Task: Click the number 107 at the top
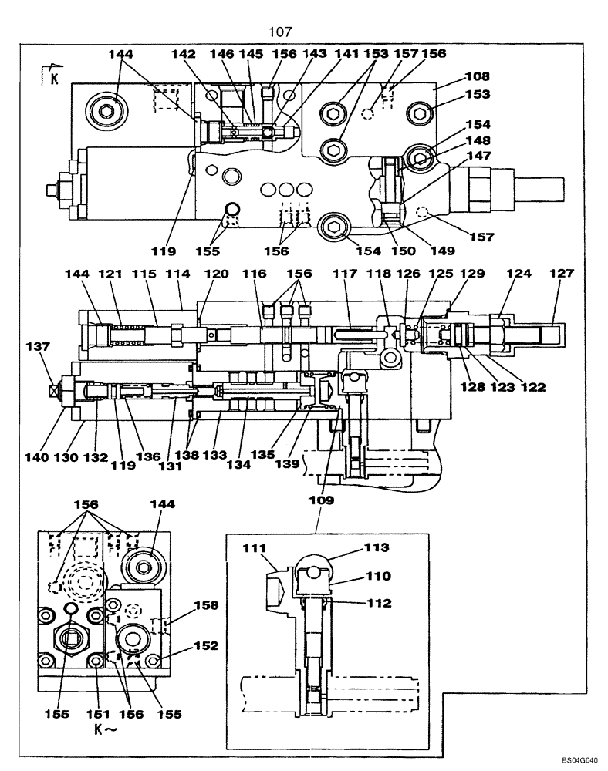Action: coord(280,32)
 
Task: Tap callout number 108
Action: coord(478,76)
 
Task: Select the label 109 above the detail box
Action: coord(322,500)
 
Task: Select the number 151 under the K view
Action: coord(96,714)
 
